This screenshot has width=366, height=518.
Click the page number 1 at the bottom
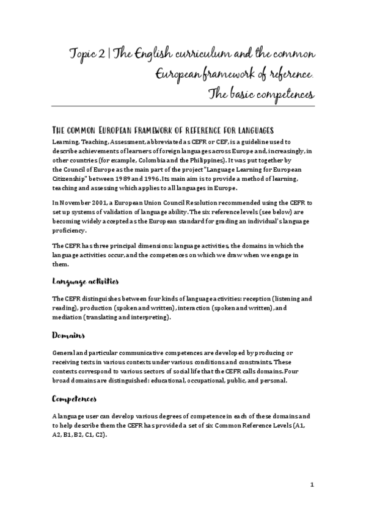coord(312,485)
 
